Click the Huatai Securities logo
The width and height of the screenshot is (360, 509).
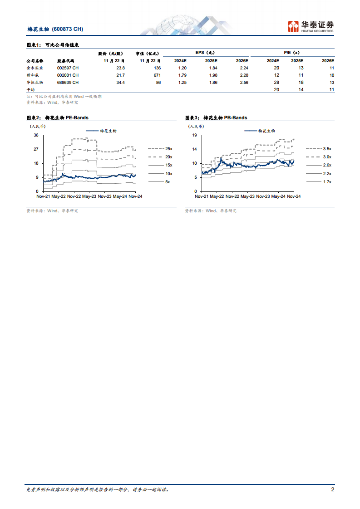click(311, 26)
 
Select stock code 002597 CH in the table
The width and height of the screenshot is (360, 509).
click(68, 68)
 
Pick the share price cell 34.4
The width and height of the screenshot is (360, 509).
click(120, 82)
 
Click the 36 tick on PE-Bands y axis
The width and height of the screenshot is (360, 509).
click(36, 135)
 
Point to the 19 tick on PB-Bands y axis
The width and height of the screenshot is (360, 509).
click(194, 135)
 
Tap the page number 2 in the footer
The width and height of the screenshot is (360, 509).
click(332, 489)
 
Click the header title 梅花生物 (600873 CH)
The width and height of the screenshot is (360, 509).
click(55, 29)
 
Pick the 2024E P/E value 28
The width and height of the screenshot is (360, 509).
click(276, 82)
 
